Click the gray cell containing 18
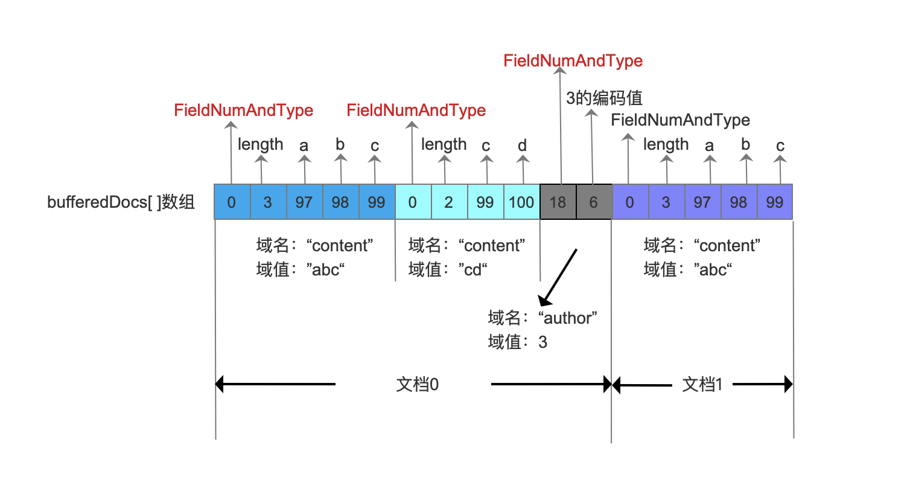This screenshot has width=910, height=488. coord(558,202)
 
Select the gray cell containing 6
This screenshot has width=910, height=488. coord(594,202)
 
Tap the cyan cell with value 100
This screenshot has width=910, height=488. coord(521,202)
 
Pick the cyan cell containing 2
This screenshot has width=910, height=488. coord(449,202)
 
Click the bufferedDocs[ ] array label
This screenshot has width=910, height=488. coord(121,202)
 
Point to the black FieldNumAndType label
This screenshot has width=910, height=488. coord(681,120)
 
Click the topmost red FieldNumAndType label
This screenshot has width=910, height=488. coord(573,61)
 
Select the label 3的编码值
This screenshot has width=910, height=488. coord(604,98)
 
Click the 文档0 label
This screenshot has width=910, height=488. coord(417,384)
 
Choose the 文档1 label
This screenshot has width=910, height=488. coord(702,384)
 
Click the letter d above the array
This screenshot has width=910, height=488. coord(522,145)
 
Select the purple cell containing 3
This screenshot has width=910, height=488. coord(666,202)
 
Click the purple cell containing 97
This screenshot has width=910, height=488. coord(702,202)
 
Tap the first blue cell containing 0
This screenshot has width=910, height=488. coord(232,202)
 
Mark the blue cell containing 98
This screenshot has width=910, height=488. coord(340,202)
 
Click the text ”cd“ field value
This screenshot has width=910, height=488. coord(473,269)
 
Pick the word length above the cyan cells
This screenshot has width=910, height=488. coord(444,145)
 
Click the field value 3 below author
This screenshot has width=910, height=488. coord(542,342)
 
